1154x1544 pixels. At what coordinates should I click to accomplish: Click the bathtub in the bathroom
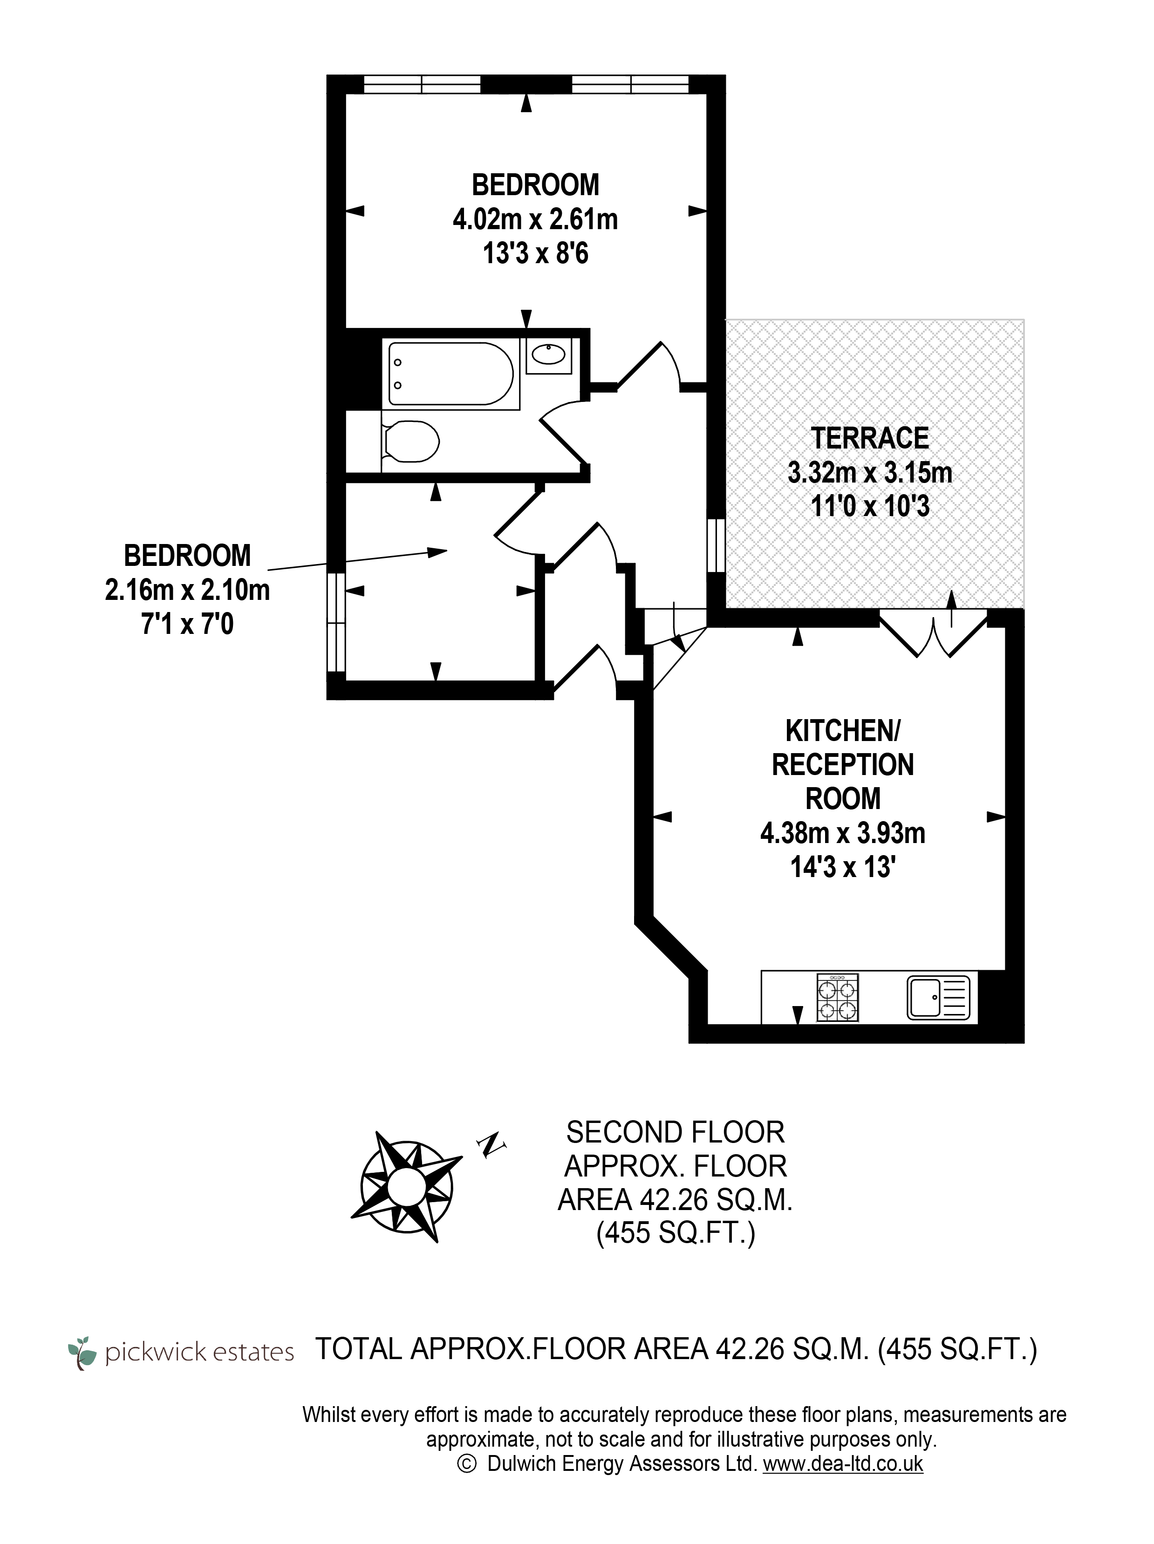tap(451, 374)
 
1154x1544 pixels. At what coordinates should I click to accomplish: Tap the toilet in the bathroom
tap(410, 441)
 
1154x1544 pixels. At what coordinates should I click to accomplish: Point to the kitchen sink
tap(938, 998)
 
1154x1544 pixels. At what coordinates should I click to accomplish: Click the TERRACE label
tap(869, 438)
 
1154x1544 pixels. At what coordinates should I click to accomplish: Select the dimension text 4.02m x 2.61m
tap(535, 219)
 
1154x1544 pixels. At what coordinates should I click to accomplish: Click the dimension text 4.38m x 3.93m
tap(843, 833)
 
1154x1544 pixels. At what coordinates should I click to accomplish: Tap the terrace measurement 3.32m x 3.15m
tap(870, 473)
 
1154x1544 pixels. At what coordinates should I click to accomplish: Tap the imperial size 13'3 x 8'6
tap(535, 253)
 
